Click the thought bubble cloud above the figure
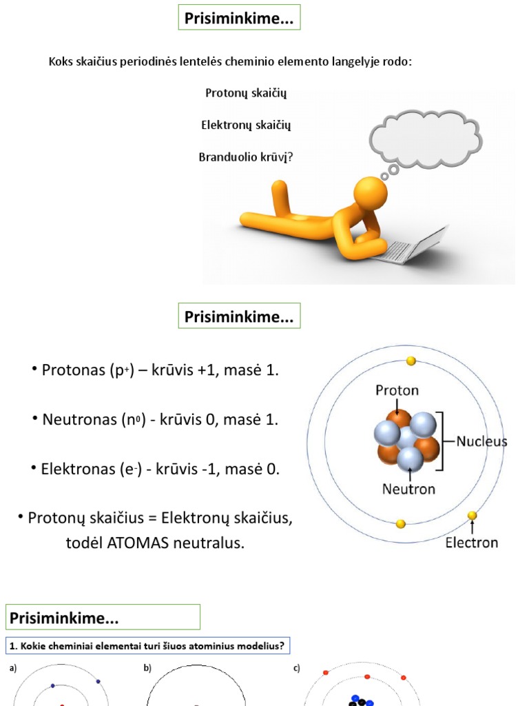pyautogui.click(x=426, y=139)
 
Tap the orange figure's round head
pyautogui.click(x=370, y=193)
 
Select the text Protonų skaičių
pyautogui.click(x=246, y=93)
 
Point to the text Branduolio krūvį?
pyautogui.click(x=246, y=157)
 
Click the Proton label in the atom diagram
pyautogui.click(x=397, y=390)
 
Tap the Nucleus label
pyautogui.click(x=481, y=441)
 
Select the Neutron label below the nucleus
pyautogui.click(x=408, y=489)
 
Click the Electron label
pyautogui.click(x=471, y=543)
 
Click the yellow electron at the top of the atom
pyautogui.click(x=411, y=361)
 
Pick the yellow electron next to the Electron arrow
pyautogui.click(x=472, y=516)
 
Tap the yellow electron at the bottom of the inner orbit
pyautogui.click(x=400, y=524)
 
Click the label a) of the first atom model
pyautogui.click(x=13, y=668)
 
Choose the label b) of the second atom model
pyautogui.click(x=147, y=668)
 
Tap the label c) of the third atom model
pyautogui.click(x=296, y=668)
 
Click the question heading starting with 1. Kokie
pyautogui.click(x=147, y=646)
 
